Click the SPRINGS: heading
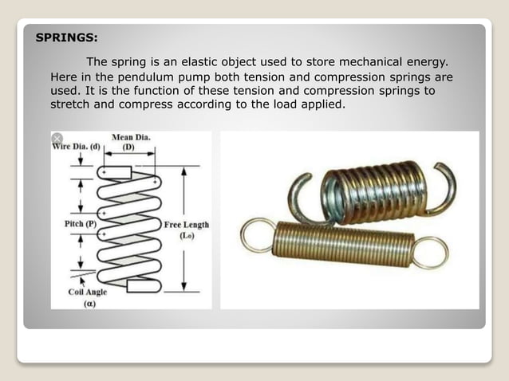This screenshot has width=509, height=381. pyautogui.click(x=66, y=37)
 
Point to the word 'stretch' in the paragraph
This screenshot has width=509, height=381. pyautogui.click(x=69, y=104)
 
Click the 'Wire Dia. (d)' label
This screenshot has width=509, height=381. pyautogui.click(x=77, y=147)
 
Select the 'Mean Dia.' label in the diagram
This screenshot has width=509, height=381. pyautogui.click(x=131, y=137)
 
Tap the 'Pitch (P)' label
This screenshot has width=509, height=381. pyautogui.click(x=81, y=224)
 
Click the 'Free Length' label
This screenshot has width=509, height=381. pyautogui.click(x=187, y=225)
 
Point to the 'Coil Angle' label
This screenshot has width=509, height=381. pyautogui.click(x=87, y=292)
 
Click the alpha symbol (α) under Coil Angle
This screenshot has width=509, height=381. pyautogui.click(x=89, y=304)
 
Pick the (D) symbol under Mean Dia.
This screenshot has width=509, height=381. pyautogui.click(x=128, y=147)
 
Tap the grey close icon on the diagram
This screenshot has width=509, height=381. pyautogui.click(x=57, y=138)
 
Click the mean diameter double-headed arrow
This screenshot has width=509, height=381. pyautogui.click(x=129, y=154)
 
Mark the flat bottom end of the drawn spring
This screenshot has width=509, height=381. pyautogui.click(x=143, y=286)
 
